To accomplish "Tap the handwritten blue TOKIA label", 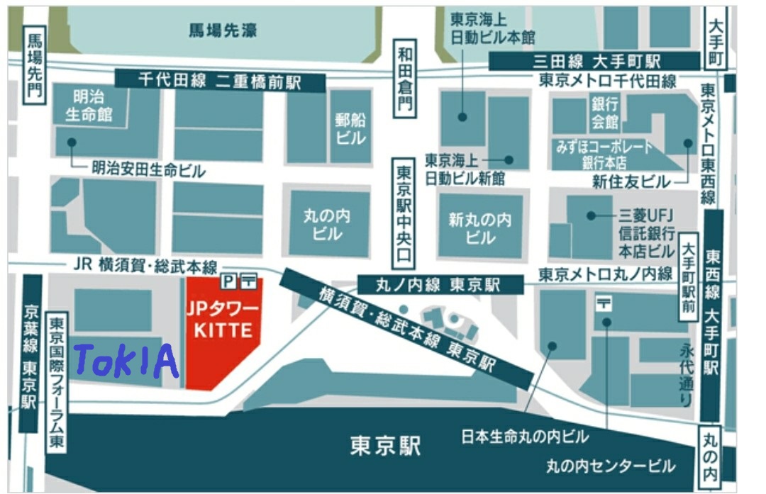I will tap(126, 361).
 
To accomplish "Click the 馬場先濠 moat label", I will tap(223, 30).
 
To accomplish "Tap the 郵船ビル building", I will tap(350, 128).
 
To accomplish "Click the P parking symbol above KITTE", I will tap(228, 281).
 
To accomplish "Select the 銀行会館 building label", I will tap(604, 113).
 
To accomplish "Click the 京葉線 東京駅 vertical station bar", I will tap(30, 354).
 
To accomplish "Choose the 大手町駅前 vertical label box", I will tap(688, 277).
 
